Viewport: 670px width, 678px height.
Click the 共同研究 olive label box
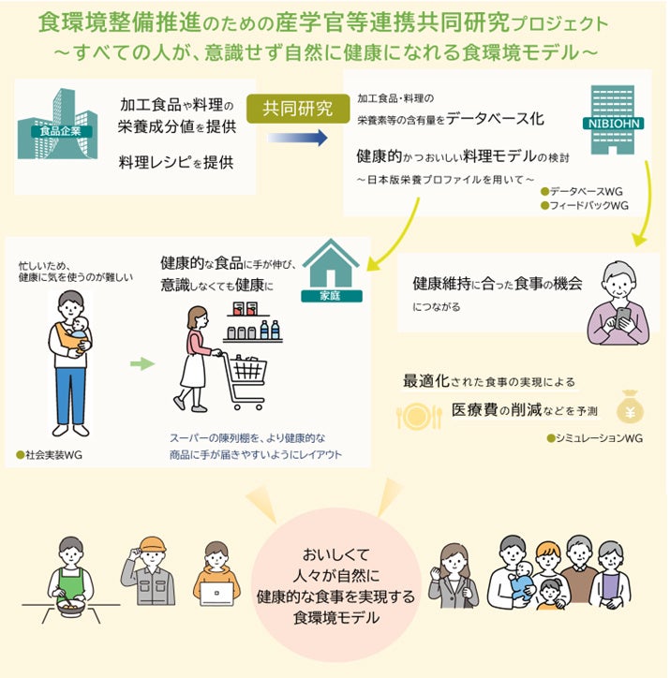298,110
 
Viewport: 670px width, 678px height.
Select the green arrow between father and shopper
141,362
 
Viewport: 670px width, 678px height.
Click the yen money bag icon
629,410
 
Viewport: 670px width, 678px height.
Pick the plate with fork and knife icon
419,416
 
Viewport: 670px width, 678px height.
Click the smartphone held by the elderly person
623,316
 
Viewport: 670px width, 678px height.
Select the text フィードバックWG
593,206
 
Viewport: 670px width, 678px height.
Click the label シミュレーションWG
600,437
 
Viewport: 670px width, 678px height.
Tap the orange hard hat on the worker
151,545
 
